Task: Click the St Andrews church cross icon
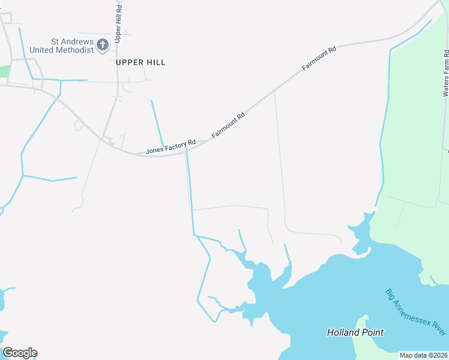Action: coord(103,44)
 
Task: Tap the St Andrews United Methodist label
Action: coord(72,46)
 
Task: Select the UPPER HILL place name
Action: coord(140,62)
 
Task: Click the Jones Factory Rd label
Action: coord(171,146)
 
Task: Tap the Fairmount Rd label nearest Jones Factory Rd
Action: coord(229,125)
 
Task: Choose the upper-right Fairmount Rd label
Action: coord(319,58)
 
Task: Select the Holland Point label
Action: coord(355,332)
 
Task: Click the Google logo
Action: coord(20,353)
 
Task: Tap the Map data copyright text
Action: coord(423,355)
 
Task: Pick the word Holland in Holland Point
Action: coord(343,332)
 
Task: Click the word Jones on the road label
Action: coord(155,149)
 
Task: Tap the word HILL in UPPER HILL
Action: coord(155,62)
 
